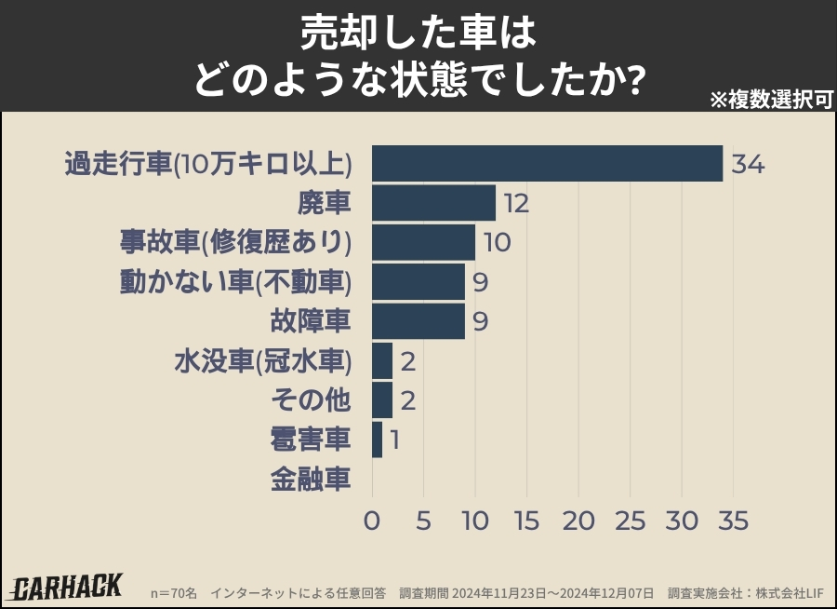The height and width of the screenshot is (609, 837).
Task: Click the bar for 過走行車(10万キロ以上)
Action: coord(547,164)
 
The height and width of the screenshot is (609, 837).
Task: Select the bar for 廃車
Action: coord(433,203)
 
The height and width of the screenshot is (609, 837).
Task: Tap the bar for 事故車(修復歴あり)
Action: coord(423,242)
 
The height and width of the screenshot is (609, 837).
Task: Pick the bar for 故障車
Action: coord(418,321)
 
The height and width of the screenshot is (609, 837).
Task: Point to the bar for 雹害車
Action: coord(377,440)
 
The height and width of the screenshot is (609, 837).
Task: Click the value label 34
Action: coord(748,165)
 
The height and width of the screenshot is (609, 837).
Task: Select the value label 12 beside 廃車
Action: coord(516,203)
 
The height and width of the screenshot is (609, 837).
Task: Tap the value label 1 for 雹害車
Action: coord(394,440)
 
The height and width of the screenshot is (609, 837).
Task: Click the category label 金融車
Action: coord(311,480)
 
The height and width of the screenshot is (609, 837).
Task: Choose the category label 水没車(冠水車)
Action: coord(262,361)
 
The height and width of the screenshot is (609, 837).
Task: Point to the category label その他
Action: coord(311,400)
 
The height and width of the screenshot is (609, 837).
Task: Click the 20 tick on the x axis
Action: coord(578,521)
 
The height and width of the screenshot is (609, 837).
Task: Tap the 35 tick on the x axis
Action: coord(734,521)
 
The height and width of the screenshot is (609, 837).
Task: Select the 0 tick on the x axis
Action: coord(372,521)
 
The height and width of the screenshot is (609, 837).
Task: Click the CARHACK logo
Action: coord(67,587)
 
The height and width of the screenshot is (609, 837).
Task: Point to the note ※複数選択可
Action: coord(770,100)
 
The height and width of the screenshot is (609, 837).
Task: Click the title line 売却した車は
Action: coord(418,34)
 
